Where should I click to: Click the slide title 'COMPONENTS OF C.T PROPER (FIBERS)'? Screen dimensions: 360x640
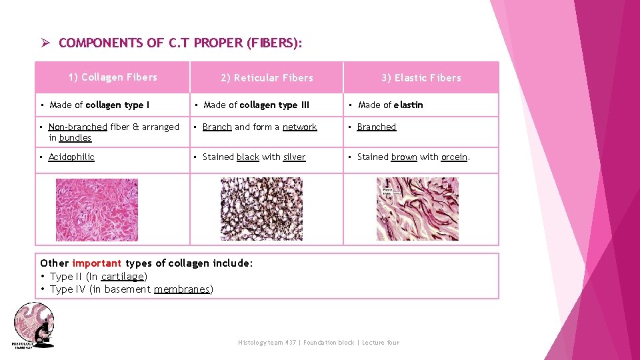click(x=180, y=43)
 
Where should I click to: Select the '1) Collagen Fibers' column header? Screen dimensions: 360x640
click(x=113, y=77)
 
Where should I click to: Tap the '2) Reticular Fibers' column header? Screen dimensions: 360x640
click(x=267, y=78)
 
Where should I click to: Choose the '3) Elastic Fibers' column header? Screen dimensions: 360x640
click(x=421, y=78)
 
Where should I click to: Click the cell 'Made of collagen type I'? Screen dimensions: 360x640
click(x=99, y=105)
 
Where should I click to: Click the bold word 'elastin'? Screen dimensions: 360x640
click(x=408, y=105)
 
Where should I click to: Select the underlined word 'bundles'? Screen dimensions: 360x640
click(x=75, y=138)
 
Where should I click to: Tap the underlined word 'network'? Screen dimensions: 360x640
click(x=299, y=127)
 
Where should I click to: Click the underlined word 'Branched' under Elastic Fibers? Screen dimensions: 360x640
click(x=376, y=127)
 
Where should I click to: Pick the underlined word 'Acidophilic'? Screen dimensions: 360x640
click(x=71, y=157)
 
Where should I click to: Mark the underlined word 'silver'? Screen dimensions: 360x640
click(x=294, y=157)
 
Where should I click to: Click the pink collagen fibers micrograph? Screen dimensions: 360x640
click(x=97, y=209)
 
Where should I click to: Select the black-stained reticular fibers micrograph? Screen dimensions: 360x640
click(x=261, y=209)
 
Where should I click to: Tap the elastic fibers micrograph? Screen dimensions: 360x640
click(x=417, y=209)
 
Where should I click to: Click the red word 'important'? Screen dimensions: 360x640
click(x=97, y=263)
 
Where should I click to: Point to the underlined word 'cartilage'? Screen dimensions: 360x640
click(x=123, y=276)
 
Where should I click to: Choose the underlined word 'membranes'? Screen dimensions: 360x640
click(x=181, y=289)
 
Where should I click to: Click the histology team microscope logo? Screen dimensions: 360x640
click(x=33, y=325)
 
